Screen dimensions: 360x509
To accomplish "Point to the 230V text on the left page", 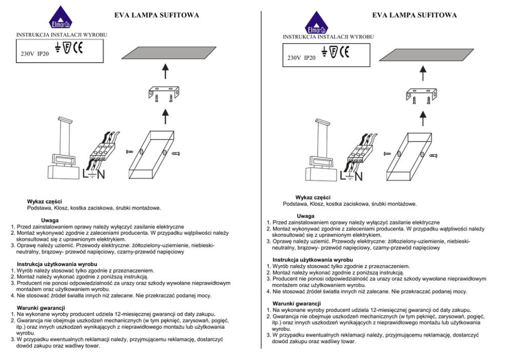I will (27, 53).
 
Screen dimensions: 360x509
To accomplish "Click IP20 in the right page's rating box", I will (310, 58).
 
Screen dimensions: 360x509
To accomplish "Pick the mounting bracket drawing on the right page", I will (420, 96).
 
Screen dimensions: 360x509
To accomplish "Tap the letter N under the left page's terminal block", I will (101, 175).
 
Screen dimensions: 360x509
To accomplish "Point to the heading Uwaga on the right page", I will (306, 216).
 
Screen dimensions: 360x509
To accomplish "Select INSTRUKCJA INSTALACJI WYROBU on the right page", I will (328, 37).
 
